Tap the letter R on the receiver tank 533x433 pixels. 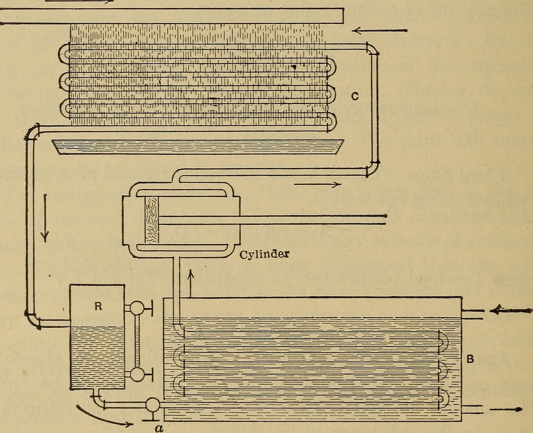pos(98,307)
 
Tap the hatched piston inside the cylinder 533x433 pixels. pos(152,220)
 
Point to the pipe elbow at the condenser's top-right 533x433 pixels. pos(372,50)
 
